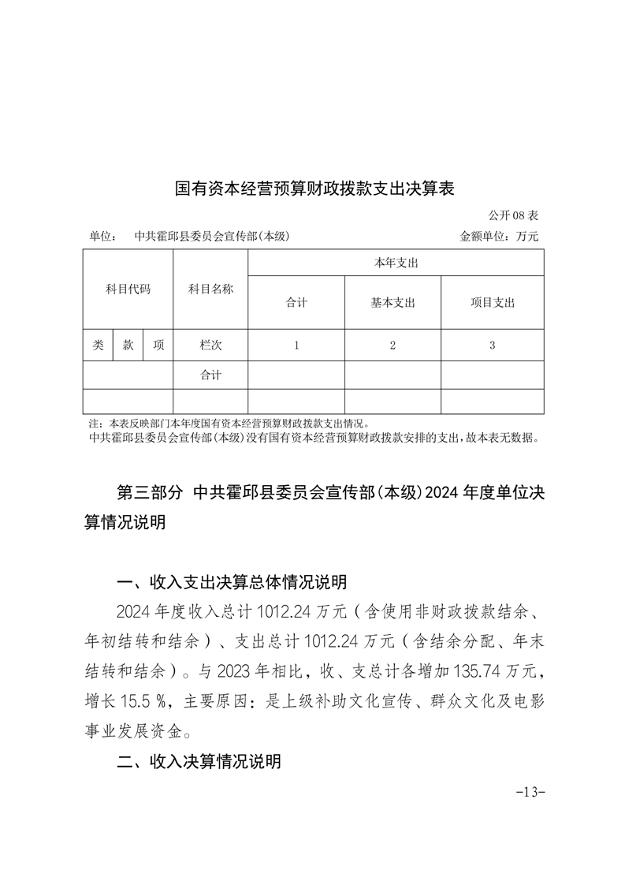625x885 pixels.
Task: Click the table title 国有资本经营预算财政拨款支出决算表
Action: click(x=315, y=189)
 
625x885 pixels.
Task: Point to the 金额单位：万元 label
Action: click(x=499, y=236)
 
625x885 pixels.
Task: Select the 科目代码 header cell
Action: click(x=128, y=289)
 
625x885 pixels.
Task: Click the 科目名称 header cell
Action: click(x=210, y=289)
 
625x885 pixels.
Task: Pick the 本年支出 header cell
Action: click(x=396, y=263)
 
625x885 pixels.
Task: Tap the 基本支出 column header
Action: click(x=392, y=302)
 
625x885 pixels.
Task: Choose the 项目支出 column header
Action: click(x=493, y=302)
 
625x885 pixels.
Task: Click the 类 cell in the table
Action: click(x=98, y=345)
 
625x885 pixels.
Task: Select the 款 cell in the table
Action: click(x=128, y=345)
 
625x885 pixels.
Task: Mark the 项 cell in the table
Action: click(x=158, y=345)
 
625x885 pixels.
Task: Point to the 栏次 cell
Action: click(x=210, y=345)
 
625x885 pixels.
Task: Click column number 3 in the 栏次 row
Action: click(x=493, y=345)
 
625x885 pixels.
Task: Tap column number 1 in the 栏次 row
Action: click(x=296, y=345)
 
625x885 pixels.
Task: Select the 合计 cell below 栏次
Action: click(x=210, y=375)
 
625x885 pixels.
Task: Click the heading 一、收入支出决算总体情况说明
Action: click(x=231, y=583)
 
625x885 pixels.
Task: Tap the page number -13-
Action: click(x=530, y=791)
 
